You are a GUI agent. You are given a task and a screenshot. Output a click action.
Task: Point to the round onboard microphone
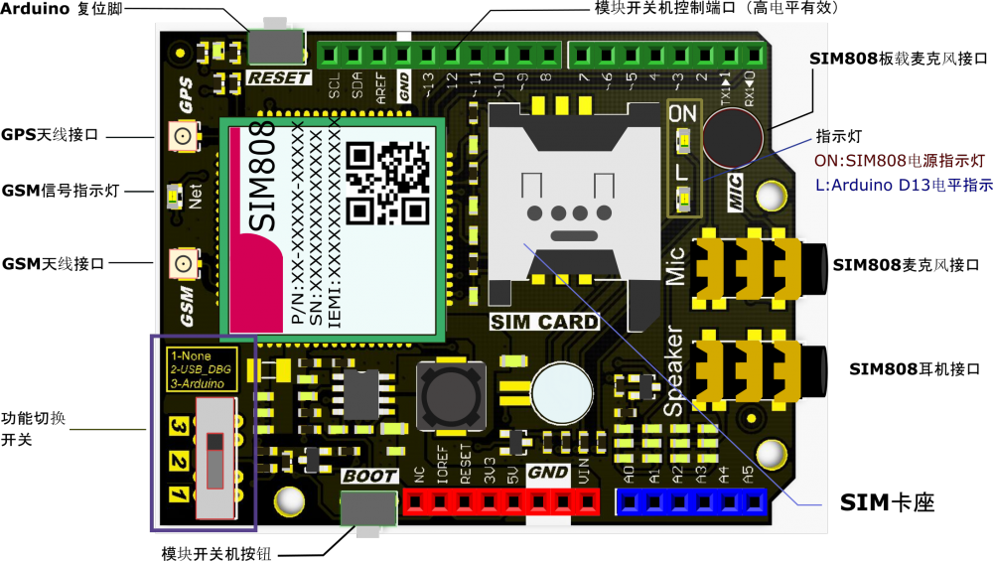(733, 135)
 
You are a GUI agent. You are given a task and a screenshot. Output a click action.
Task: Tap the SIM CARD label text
(545, 322)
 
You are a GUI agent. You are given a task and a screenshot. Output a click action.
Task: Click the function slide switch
(217, 456)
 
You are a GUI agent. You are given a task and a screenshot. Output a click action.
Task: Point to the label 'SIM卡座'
(888, 502)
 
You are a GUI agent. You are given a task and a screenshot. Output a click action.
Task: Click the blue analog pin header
(692, 501)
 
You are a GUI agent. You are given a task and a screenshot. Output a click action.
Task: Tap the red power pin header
(501, 502)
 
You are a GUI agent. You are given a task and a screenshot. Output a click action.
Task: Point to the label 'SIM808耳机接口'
(921, 368)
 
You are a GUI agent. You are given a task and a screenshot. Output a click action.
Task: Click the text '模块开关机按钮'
(215, 551)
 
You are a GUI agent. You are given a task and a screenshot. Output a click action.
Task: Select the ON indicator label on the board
(683, 114)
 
